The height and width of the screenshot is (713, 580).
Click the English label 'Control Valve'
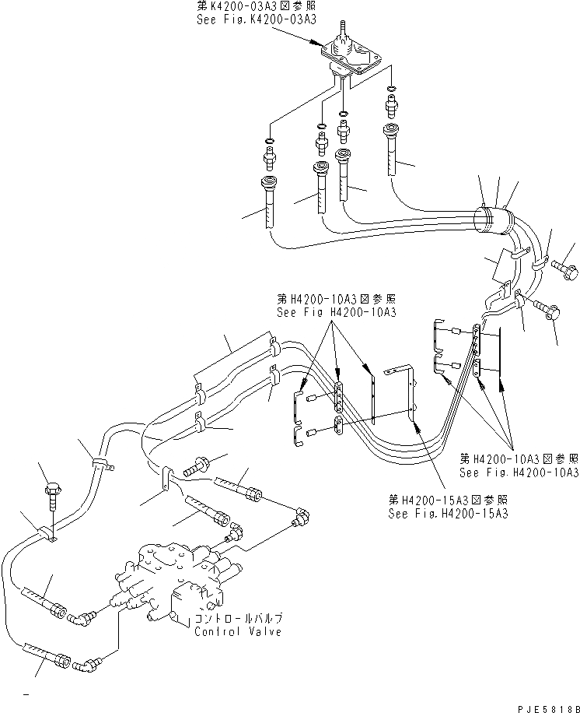click(237, 631)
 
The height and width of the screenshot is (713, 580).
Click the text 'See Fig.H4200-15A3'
click(448, 514)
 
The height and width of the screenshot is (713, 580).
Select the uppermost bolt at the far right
click(561, 265)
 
